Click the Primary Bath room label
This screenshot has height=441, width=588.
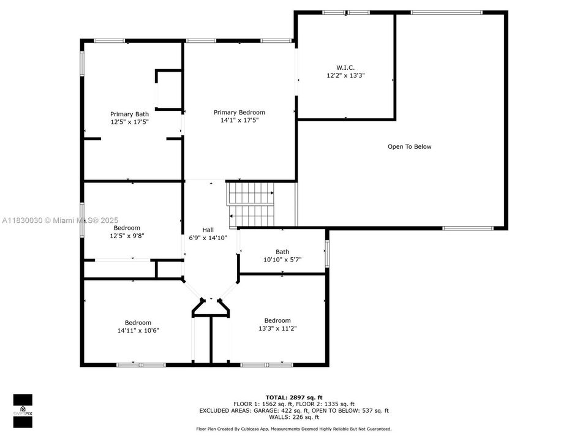(x=129, y=114)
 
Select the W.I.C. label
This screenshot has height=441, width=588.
(x=345, y=67)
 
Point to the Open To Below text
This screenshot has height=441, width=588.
(x=409, y=146)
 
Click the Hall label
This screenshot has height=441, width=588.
(x=208, y=229)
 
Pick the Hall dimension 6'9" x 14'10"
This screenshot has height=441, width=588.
(x=208, y=238)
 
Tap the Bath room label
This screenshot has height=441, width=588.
(x=282, y=252)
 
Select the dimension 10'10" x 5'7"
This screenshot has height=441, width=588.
(x=282, y=260)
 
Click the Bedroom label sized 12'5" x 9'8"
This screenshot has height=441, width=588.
(x=127, y=227)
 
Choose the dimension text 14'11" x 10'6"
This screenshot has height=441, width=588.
(x=138, y=331)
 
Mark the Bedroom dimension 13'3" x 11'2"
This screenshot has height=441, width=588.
(x=277, y=328)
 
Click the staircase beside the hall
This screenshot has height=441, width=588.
(x=251, y=205)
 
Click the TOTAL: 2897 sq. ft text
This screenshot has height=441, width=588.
(x=293, y=398)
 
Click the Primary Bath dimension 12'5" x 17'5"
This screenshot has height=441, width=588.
(x=129, y=123)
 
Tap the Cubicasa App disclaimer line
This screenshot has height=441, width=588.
(x=293, y=429)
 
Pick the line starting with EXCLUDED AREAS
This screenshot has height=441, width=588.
(x=293, y=411)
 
